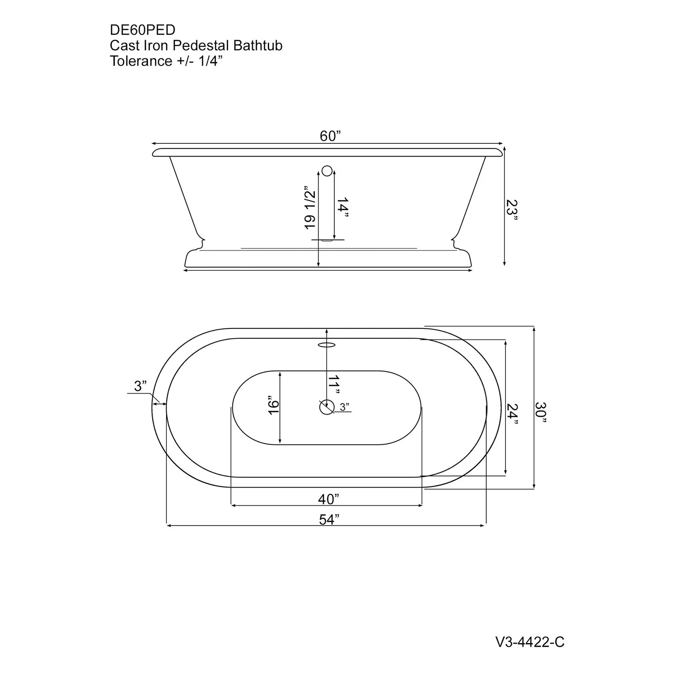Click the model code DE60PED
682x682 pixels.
[x=142, y=30]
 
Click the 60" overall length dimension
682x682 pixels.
[x=330, y=136]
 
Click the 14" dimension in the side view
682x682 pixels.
[x=342, y=208]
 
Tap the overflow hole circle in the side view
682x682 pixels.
[x=327, y=171]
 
